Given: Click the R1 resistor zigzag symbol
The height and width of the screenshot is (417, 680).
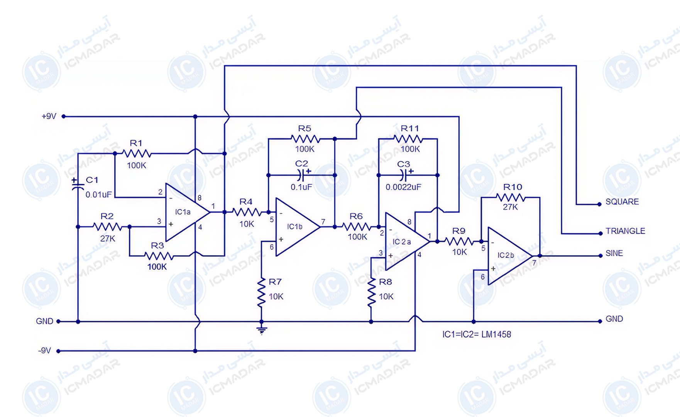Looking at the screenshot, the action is click(x=137, y=154).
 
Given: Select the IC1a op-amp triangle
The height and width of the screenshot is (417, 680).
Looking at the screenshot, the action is click(x=188, y=212).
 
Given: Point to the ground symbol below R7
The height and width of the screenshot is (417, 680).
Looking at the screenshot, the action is click(x=262, y=331).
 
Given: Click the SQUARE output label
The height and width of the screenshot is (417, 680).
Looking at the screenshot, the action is click(x=622, y=202).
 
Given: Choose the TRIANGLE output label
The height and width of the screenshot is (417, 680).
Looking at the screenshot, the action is click(x=625, y=231).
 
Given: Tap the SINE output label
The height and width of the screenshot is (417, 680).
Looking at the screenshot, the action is click(x=614, y=253).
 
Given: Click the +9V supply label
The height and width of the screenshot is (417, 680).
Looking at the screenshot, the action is click(x=49, y=116).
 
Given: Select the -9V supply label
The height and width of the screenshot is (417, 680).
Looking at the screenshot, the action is click(x=44, y=351).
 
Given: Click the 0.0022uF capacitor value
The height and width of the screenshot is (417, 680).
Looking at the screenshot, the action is click(x=403, y=187).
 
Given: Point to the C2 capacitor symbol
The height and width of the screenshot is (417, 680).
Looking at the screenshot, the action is click(x=302, y=175).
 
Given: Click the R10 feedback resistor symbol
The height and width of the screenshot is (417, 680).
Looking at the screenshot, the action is click(x=510, y=198).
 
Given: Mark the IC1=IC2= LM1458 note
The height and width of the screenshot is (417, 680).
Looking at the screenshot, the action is click(x=477, y=334).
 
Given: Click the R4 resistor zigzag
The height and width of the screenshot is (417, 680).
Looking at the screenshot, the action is click(x=247, y=212).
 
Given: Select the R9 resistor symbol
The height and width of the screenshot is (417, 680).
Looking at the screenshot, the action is click(x=459, y=241).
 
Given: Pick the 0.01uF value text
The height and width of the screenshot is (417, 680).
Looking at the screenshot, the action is click(x=99, y=195).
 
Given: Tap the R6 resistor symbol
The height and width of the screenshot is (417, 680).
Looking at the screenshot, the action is click(x=357, y=227).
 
